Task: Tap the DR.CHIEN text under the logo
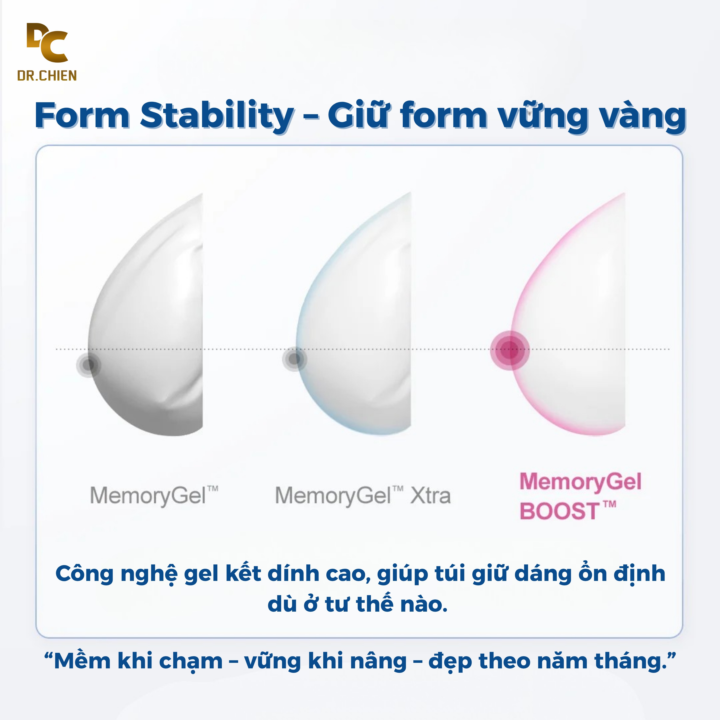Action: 47,76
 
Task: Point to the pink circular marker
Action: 509,350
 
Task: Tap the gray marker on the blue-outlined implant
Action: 294,359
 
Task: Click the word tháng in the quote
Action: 631,662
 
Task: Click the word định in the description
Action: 640,574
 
